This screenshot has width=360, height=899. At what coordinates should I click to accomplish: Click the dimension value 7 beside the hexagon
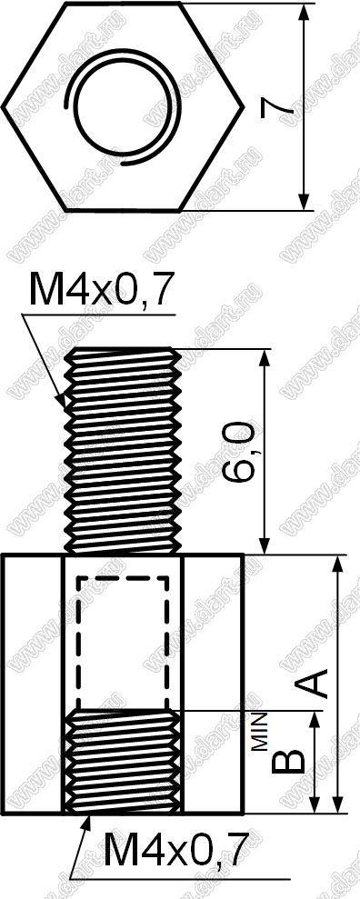(277, 108)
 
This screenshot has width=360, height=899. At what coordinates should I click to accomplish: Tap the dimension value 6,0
(236, 453)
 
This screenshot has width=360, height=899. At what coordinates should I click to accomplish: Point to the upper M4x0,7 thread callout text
(101, 291)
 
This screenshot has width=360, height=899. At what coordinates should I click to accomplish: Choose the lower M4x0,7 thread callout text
(176, 850)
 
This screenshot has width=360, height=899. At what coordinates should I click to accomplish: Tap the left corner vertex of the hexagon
(3, 106)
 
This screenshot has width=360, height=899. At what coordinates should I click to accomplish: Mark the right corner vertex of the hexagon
(243, 106)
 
